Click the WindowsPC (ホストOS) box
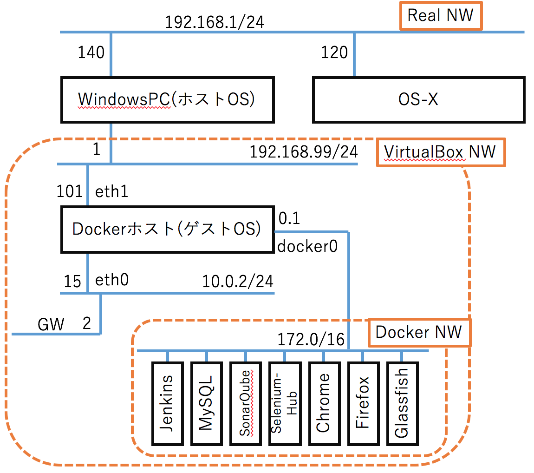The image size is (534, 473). point(167,100)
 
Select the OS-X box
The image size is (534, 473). point(419,100)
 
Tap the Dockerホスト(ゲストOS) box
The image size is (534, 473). point(167,229)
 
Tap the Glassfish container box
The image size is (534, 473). point(402,403)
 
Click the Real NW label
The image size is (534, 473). point(441,15)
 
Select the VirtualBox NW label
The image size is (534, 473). point(440,152)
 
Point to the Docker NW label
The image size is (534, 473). point(419,332)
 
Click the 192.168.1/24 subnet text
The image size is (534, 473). point(215,22)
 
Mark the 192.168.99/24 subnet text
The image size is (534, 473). point(304,152)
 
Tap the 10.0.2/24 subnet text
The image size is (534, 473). point(238,281)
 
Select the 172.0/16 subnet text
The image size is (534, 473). point(311,340)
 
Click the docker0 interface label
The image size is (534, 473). point(307,247)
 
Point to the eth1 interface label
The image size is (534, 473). point(112,192)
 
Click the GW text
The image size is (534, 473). point(51,324)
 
